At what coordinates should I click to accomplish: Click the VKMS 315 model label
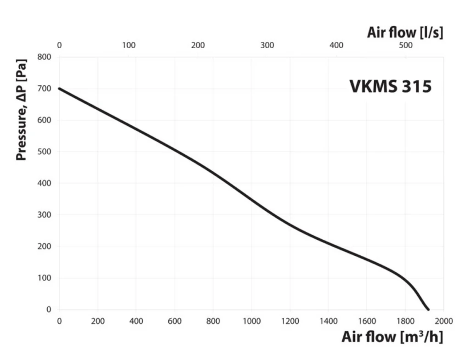391,86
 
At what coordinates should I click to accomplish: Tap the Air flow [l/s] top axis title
405,33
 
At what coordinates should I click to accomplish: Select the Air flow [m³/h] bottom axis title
392,337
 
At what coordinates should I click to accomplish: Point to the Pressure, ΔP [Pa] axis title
21,109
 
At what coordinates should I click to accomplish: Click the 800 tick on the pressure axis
44,56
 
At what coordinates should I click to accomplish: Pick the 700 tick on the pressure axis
44,89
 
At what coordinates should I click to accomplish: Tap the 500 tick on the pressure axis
44,152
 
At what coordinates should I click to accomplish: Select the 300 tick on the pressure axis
44,215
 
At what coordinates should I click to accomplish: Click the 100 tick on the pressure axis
44,278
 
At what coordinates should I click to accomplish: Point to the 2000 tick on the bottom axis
444,321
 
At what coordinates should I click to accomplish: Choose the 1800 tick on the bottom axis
405,321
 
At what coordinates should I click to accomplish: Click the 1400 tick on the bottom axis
329,321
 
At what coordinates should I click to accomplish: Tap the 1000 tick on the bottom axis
252,321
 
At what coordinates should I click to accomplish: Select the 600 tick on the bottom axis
175,321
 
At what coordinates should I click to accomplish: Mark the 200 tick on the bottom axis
98,321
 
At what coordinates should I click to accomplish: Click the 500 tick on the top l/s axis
406,45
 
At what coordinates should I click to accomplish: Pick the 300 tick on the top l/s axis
267,45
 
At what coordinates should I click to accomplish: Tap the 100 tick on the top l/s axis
129,45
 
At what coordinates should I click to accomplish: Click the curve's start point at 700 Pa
59,89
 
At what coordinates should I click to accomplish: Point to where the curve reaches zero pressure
428,309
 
